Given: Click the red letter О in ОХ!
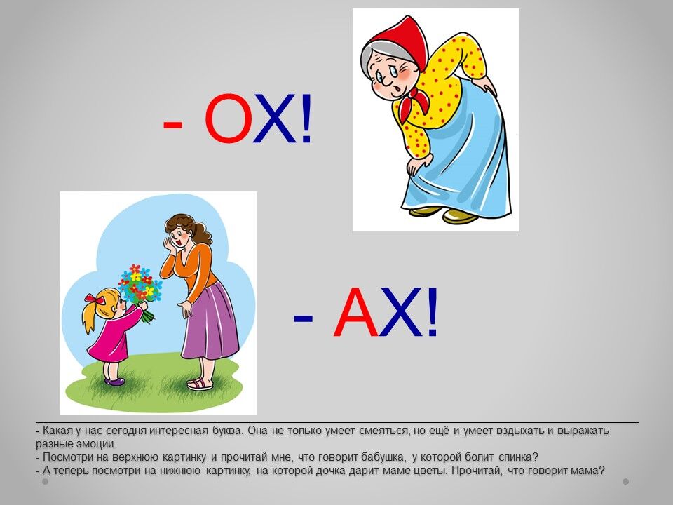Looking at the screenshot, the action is pos(227,118).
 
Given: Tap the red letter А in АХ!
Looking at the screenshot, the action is pos(356,311).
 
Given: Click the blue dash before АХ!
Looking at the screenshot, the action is pos(303,318).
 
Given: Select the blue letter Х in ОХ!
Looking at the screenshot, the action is pos(274,119).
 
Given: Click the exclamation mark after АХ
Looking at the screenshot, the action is pos(432,311).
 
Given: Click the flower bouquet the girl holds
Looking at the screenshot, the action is pos(141,288).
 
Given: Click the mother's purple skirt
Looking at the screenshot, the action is pos(210,322).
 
